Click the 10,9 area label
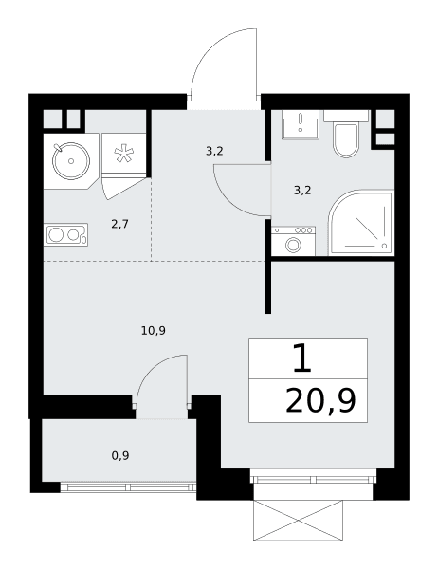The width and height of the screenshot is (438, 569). (154, 331)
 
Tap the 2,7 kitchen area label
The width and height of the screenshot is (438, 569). (119, 224)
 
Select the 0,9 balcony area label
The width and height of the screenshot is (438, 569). (120, 455)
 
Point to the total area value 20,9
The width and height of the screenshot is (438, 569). (320, 400)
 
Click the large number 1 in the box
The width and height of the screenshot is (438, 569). (302, 358)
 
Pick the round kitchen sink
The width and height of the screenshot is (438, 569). (71, 161)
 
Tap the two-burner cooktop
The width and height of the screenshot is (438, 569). (65, 235)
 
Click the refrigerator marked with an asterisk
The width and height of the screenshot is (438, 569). (124, 155)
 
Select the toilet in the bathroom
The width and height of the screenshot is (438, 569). (346, 135)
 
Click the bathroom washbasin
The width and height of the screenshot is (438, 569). (301, 125)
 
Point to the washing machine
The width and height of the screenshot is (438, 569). (293, 241)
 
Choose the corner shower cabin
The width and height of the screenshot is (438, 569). (361, 223)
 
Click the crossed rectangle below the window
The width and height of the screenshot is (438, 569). (298, 521)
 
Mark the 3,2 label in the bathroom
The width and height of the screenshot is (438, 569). (302, 191)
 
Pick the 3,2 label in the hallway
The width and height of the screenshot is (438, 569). (214, 151)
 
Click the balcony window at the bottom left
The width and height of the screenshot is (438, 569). (128, 487)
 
